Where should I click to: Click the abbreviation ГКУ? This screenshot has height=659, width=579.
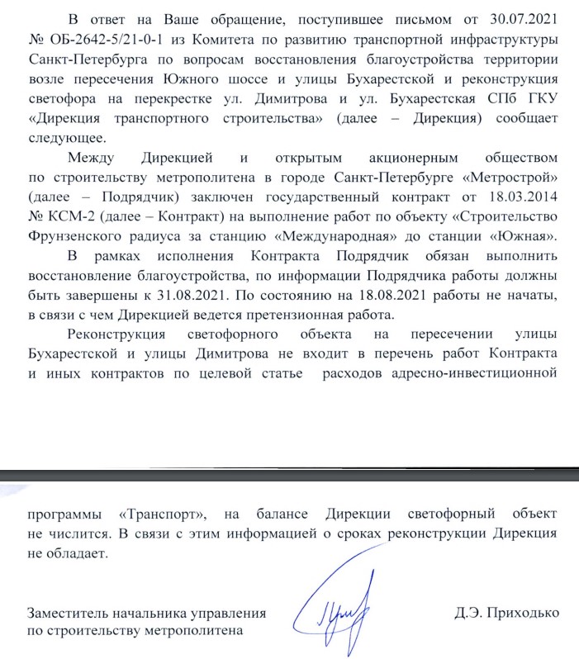[x=540, y=99]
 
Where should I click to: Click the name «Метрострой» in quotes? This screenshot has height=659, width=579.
[x=513, y=177]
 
